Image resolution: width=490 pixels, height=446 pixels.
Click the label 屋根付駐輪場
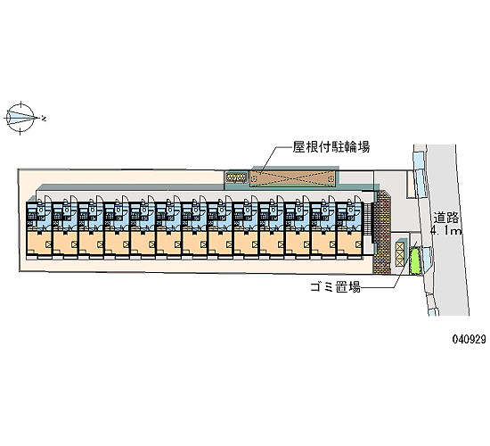(331, 147)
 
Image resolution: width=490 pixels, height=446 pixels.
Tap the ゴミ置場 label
(335, 286)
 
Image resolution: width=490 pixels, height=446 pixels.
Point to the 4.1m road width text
(446, 231)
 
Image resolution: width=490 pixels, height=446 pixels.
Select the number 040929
(469, 339)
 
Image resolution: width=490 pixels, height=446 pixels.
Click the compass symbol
(20, 118)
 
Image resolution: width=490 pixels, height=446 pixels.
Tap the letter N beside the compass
(44, 119)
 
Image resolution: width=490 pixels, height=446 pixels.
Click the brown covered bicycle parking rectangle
(292, 178)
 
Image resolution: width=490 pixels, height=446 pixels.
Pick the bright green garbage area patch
(415, 260)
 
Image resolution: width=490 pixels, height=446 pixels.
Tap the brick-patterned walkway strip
(381, 233)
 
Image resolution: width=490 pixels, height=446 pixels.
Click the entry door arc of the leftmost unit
(48, 199)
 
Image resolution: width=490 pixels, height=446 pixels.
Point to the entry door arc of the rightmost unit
(358, 199)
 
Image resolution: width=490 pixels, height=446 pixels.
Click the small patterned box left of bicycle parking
(237, 178)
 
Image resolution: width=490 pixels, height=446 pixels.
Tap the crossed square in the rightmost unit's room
(358, 244)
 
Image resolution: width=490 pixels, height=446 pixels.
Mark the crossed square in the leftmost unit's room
(48, 244)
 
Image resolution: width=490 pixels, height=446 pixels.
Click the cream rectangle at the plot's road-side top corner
(411, 184)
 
